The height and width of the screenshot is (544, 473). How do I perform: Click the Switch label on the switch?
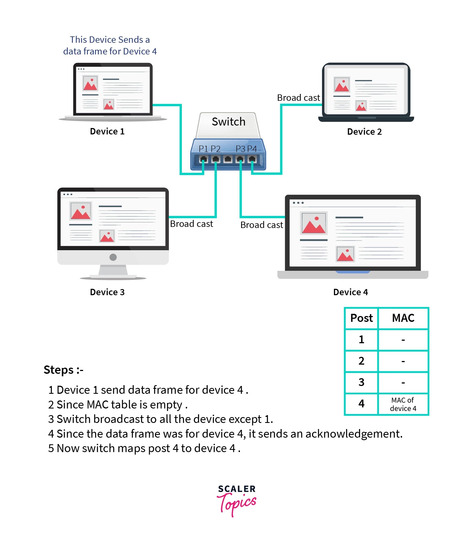pos(229,122)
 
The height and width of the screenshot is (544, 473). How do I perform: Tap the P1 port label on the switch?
pos(204,149)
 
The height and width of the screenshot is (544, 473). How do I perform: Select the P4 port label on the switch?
pos(252,149)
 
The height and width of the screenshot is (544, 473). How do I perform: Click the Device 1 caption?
pos(107,131)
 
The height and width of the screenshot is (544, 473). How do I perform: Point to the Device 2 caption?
pos(364,132)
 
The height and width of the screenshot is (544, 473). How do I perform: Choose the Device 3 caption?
pos(107,292)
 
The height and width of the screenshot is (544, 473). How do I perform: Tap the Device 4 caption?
pos(350,292)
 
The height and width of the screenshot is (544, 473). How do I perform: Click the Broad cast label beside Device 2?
pos(298,98)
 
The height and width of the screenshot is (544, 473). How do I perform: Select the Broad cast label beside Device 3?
pos(191,224)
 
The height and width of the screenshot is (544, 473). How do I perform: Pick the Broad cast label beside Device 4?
pos(262,225)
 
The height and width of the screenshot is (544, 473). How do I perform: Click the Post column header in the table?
pos(361,318)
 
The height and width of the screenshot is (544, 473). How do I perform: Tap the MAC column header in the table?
pos(403,318)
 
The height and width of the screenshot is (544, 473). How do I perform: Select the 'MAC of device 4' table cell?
pos(403,404)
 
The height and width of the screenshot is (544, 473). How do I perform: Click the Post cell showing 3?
pos(361,382)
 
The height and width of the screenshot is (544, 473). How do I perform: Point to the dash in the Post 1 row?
pos(403,340)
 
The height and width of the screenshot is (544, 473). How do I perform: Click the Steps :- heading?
pos(63,370)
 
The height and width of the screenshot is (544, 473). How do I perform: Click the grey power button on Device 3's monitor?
pos(113,257)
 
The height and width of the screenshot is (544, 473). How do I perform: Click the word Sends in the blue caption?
pos(130,40)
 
